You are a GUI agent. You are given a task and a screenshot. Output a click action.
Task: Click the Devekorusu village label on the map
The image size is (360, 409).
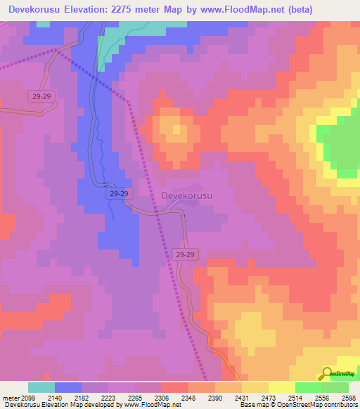[186, 196]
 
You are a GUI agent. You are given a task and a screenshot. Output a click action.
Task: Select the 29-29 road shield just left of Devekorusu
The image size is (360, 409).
[120, 193]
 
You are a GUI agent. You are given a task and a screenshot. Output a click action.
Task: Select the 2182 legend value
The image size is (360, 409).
[92, 398]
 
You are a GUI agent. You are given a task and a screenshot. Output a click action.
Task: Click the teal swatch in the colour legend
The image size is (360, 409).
[41, 387]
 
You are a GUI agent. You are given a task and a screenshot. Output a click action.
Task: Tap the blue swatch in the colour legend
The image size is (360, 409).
[68, 387]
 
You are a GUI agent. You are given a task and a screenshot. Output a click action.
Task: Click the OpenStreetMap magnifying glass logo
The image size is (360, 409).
[326, 374]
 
